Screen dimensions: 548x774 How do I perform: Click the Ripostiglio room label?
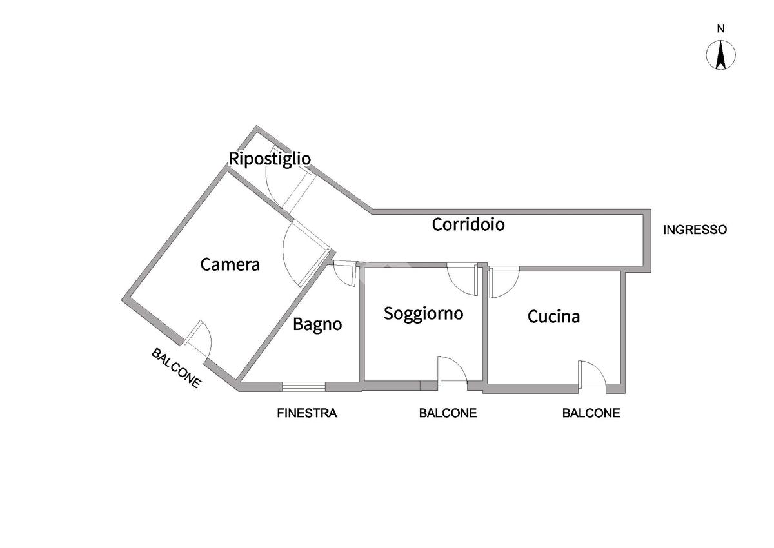(270, 159)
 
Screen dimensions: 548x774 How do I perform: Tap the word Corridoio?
(468, 224)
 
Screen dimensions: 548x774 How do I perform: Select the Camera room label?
(230, 264)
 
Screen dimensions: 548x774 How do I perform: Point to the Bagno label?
(317, 324)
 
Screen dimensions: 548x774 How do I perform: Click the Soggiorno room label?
(424, 313)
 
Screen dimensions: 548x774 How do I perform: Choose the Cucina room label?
(553, 317)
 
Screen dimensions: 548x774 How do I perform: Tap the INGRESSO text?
(695, 230)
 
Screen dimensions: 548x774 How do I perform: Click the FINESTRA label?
(307, 413)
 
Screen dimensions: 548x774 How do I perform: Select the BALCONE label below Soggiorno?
(448, 413)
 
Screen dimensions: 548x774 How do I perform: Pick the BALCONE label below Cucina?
(591, 413)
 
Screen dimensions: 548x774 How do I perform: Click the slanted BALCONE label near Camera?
(177, 367)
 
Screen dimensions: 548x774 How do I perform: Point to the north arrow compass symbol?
(722, 55)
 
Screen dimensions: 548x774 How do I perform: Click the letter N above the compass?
(722, 29)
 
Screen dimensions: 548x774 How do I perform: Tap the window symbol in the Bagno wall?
(303, 387)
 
